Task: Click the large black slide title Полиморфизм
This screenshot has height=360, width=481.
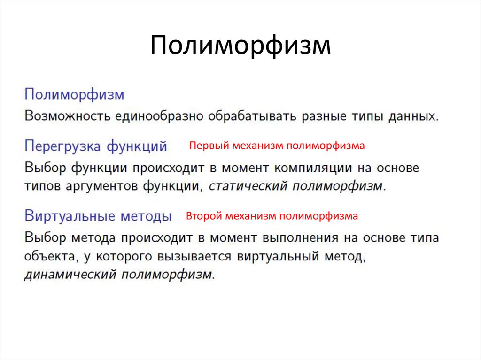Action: click(x=240, y=46)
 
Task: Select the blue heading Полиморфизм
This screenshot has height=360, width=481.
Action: click(x=74, y=94)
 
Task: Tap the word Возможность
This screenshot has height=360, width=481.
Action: click(x=67, y=116)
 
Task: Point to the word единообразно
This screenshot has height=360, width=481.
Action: click(x=159, y=116)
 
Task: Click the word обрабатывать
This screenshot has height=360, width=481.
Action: click(x=252, y=116)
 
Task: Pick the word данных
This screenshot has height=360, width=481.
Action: click(x=413, y=116)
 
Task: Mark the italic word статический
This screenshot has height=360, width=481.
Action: click(x=248, y=186)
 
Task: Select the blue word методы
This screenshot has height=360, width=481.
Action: click(x=146, y=216)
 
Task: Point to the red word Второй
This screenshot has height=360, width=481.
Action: click(x=204, y=216)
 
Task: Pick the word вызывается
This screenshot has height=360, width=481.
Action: click(x=194, y=256)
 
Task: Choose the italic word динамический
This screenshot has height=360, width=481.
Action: click(x=70, y=274)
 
